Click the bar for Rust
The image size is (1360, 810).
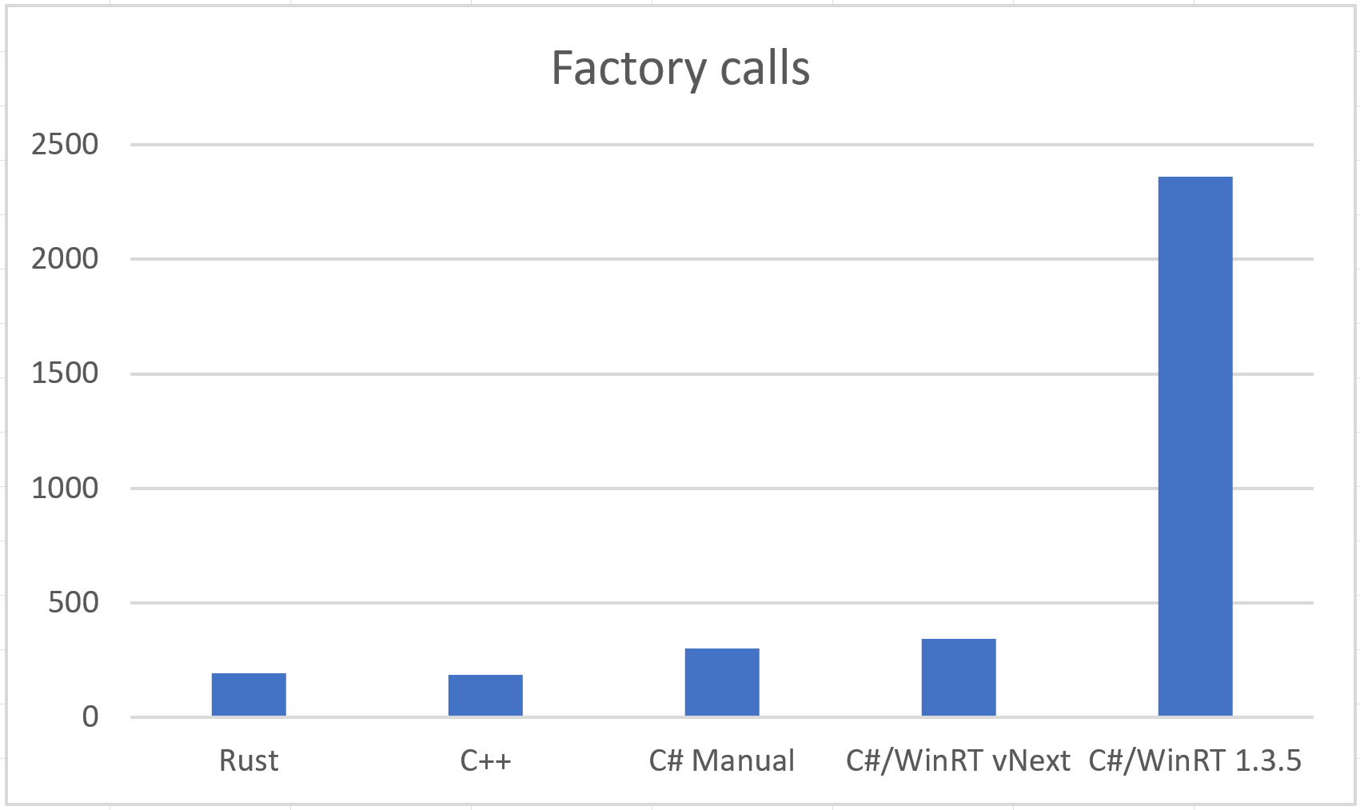point(249,694)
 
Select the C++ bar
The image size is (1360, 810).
point(485,695)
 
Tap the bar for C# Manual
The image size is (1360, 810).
point(722,682)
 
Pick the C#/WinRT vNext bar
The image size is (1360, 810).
point(959,677)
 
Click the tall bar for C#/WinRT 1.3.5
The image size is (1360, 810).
point(1195,446)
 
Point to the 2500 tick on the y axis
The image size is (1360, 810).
point(65,145)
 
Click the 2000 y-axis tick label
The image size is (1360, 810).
point(65,259)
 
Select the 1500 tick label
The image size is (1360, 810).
point(65,373)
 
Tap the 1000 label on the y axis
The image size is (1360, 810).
point(65,488)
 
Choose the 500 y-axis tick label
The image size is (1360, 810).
point(74,602)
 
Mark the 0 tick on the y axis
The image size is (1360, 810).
point(90,716)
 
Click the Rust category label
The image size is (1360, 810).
point(249,760)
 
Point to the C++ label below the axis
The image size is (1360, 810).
point(485,760)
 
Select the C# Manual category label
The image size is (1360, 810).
point(722,760)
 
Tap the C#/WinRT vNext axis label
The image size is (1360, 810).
point(958,760)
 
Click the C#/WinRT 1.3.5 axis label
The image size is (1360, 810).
point(1195,760)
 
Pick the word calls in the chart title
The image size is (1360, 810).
point(765,69)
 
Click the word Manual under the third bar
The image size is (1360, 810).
point(744,760)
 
